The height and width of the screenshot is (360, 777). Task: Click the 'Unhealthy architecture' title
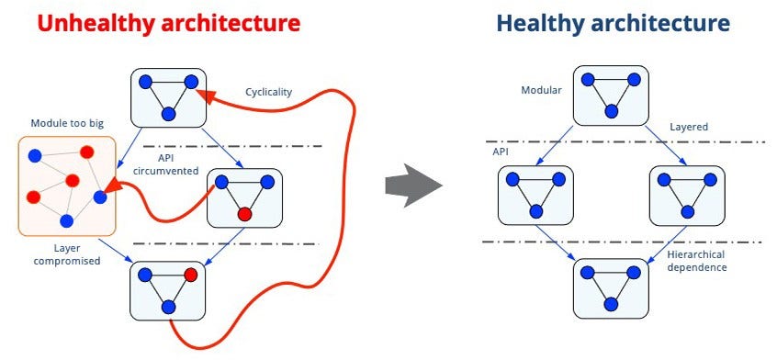coord(168,23)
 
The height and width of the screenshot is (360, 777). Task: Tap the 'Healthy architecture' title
coord(613,23)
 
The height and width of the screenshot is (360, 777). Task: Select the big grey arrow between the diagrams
coord(413,186)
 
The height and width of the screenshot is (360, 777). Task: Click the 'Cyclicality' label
coord(268,92)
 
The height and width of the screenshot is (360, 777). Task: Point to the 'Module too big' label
coord(67,123)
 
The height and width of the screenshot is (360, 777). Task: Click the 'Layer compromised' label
coord(67,254)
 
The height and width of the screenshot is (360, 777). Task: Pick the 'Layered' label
coord(689,128)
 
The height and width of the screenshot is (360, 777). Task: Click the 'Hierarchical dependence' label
coord(696,261)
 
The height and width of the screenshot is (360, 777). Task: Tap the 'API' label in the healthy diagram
coord(501,152)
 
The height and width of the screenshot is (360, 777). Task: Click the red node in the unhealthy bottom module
coord(191,275)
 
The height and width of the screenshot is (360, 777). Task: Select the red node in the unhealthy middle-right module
coord(244,214)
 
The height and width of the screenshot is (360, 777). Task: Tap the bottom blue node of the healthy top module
coord(611,111)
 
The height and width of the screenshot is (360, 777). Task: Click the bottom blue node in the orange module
coord(67,220)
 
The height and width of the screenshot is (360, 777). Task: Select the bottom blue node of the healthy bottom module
coord(611,304)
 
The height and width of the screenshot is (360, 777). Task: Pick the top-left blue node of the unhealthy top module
coord(145,82)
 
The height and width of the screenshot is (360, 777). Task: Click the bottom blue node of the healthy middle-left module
coord(535,211)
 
